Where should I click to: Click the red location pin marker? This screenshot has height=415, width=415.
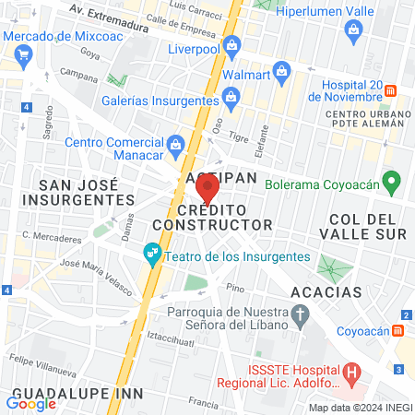[207, 189]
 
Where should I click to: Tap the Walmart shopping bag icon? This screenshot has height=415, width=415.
[283, 70]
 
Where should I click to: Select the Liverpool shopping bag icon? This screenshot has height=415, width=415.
[232, 45]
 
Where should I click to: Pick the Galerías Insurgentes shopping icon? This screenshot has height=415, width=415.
[231, 95]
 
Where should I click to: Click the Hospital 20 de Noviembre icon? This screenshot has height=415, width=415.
[391, 91]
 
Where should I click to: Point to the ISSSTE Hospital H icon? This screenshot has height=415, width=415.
[350, 373]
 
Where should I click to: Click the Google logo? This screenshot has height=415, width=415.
[31, 402]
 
